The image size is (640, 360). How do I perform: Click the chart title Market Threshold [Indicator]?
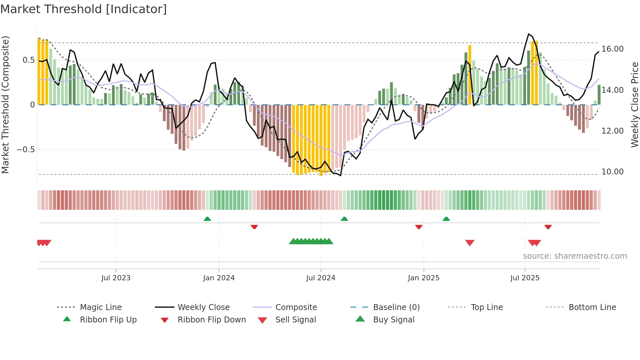[x=84, y=9]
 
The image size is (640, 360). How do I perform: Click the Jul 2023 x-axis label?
[x=116, y=278]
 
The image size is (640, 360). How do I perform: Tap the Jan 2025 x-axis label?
[x=424, y=278]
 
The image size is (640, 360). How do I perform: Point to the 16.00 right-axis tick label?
[x=612, y=49]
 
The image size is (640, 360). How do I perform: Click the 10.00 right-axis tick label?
[x=612, y=172]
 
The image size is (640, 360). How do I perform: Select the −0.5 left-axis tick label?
[x=25, y=150]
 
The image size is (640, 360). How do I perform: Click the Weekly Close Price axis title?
[x=634, y=105]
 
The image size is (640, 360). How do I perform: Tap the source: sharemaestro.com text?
[x=575, y=256]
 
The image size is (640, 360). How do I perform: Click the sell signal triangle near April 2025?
[x=470, y=243]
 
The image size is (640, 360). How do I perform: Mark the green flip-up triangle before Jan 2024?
[x=207, y=219]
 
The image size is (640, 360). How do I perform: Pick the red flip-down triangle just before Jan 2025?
[x=419, y=227]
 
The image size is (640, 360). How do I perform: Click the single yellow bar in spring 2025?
[x=470, y=75]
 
